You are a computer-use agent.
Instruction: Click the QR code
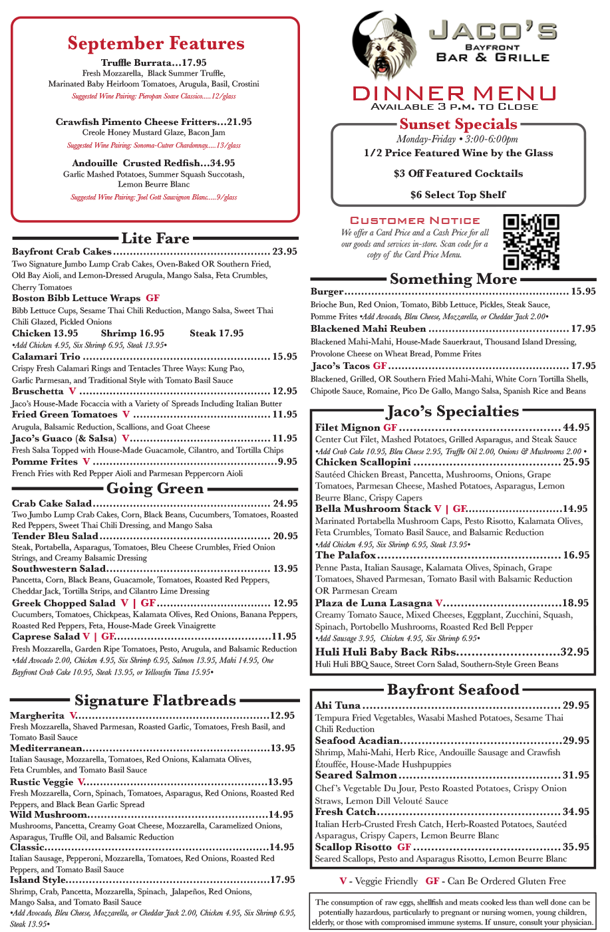(x=531, y=241)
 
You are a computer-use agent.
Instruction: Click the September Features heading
(x=156, y=44)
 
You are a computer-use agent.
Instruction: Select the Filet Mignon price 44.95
(x=576, y=427)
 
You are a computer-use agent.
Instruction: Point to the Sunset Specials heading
(x=458, y=124)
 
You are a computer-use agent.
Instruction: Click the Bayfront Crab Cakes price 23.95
(x=285, y=251)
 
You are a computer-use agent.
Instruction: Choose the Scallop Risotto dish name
(x=353, y=847)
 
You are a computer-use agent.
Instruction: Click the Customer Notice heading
(x=414, y=220)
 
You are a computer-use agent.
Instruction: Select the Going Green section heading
(x=155, y=489)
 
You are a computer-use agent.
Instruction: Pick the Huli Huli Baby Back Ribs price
(x=575, y=652)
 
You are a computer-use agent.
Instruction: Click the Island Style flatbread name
(x=38, y=879)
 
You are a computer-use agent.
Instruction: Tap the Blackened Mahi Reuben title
(x=368, y=328)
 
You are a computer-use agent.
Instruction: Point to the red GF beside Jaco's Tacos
(x=380, y=366)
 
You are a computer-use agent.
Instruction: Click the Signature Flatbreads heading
(x=155, y=701)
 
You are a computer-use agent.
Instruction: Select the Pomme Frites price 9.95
(x=287, y=461)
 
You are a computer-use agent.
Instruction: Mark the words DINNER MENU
(x=454, y=94)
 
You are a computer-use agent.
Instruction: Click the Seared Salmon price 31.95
(x=576, y=775)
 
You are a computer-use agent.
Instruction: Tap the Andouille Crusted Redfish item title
(x=154, y=163)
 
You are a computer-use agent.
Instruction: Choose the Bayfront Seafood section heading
(x=453, y=690)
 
